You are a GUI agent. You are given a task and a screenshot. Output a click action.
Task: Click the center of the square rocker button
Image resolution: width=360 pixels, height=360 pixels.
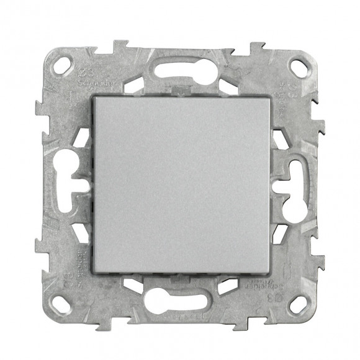point(180,184)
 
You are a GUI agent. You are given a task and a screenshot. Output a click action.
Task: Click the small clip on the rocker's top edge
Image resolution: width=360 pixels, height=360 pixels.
point(180,94)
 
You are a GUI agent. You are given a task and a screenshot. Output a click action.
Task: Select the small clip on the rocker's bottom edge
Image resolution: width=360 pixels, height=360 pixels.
point(180,273)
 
